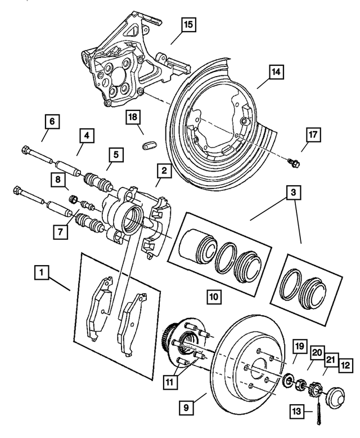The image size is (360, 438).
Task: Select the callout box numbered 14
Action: pyautogui.click(x=276, y=72)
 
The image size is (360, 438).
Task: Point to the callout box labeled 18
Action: pyautogui.click(x=133, y=117)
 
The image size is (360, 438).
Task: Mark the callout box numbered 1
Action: pyautogui.click(x=40, y=274)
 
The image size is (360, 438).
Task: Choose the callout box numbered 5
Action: pyautogui.click(x=115, y=153)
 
